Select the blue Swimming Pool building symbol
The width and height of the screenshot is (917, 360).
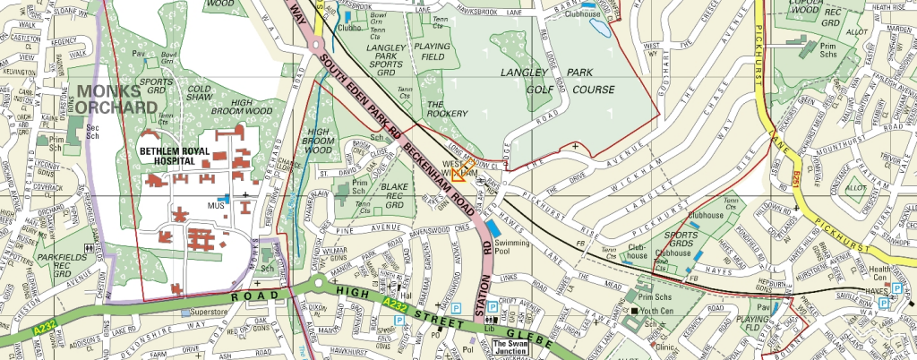tap(493, 229)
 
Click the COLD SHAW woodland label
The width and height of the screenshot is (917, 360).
tap(200, 94)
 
